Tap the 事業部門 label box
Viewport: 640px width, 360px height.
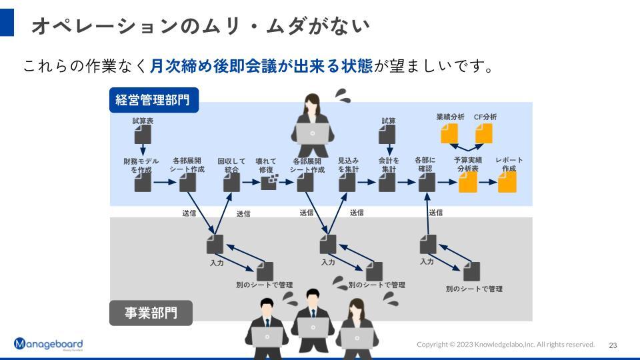pyautogui.click(x=151, y=313)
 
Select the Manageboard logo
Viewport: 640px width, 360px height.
pyautogui.click(x=48, y=344)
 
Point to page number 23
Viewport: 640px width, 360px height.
pyautogui.click(x=613, y=345)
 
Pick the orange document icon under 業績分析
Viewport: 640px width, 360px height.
pyautogui.click(x=450, y=133)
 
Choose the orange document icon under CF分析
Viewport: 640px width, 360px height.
pyautogui.click(x=484, y=133)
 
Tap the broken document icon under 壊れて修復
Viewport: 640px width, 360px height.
pyautogui.click(x=269, y=183)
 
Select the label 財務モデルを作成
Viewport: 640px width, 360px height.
pyautogui.click(x=141, y=165)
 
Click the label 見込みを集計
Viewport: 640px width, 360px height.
pyautogui.click(x=348, y=165)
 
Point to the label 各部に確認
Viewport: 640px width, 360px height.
pyautogui.click(x=425, y=164)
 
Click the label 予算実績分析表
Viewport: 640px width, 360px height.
pyautogui.click(x=468, y=164)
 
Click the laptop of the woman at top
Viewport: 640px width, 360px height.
pyautogui.click(x=313, y=134)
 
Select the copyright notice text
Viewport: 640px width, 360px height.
pyautogui.click(x=505, y=345)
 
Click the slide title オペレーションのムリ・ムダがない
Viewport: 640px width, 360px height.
pyautogui.click(x=201, y=26)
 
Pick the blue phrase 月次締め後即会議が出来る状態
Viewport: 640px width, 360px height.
pyautogui.click(x=261, y=66)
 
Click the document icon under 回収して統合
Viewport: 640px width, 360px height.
pyautogui.click(x=231, y=183)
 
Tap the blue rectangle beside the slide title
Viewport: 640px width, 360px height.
pyautogui.click(x=7, y=23)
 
